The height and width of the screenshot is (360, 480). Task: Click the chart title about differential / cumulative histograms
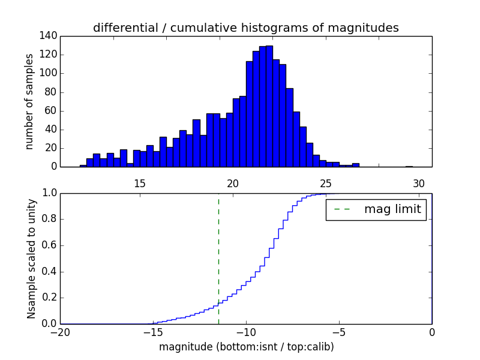245,28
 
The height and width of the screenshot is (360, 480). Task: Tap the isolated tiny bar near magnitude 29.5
409,166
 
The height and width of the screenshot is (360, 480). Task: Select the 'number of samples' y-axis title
29,101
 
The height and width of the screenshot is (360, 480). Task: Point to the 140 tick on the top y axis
49,36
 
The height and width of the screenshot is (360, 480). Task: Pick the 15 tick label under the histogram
139,183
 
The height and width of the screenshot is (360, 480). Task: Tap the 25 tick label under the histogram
326,183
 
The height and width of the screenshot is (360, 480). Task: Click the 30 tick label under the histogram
419,183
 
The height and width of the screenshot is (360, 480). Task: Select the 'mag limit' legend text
392,210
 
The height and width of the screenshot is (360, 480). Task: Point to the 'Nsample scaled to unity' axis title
31,258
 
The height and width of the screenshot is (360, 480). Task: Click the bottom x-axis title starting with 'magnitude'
246,347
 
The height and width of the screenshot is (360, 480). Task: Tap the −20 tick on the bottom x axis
61,332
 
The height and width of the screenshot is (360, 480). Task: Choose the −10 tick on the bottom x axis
245,332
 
